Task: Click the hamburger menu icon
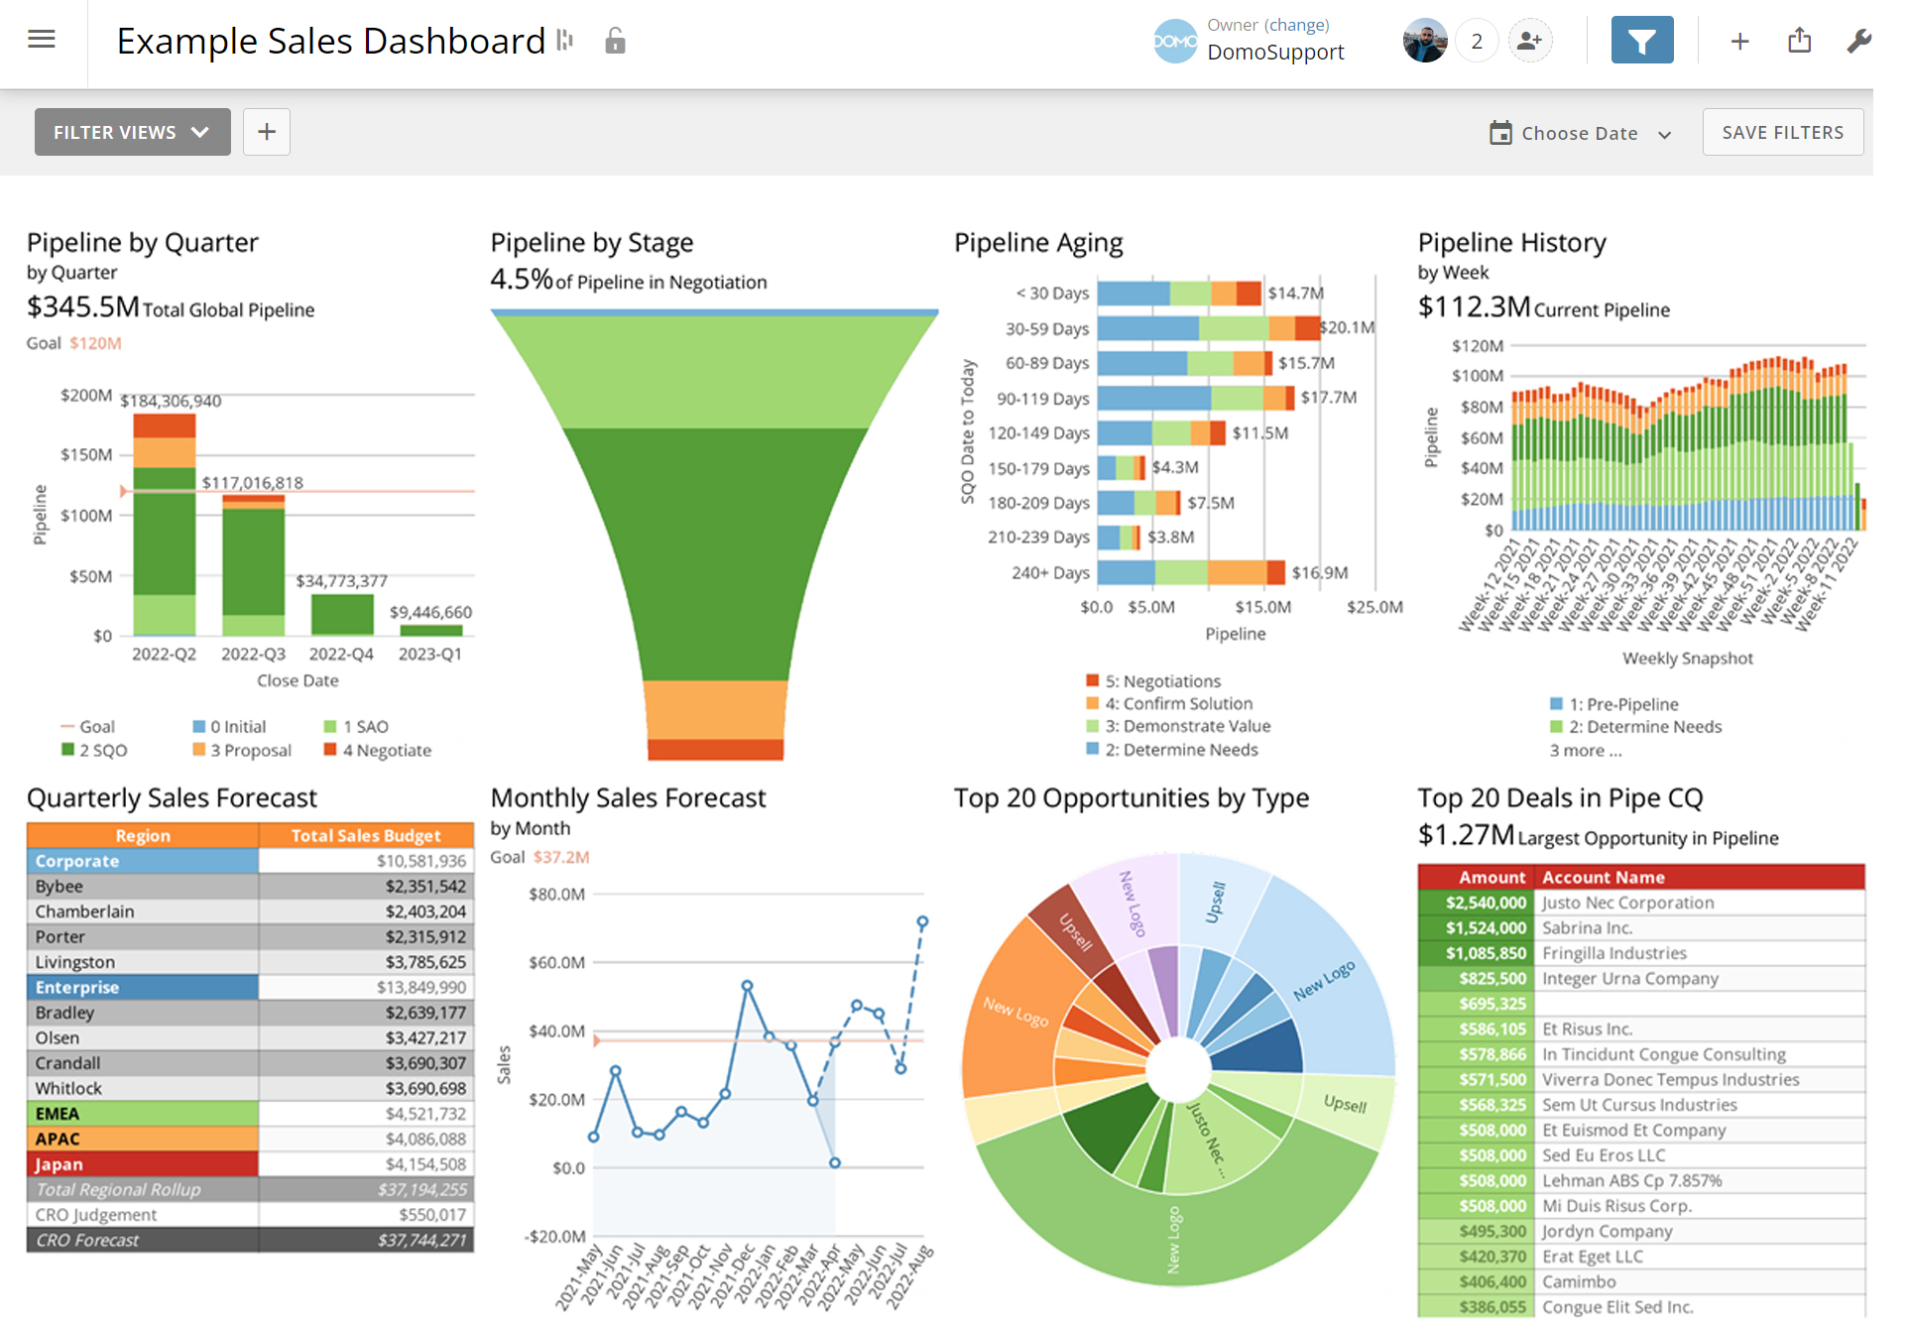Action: [x=42, y=40]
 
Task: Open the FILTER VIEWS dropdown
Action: [x=132, y=132]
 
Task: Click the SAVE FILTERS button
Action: [x=1782, y=132]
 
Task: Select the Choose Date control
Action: [x=1580, y=134]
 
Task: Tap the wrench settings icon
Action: [x=1858, y=41]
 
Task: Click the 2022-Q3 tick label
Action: [x=253, y=655]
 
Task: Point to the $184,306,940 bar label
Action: [x=171, y=401]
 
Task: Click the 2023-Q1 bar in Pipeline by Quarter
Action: [x=430, y=630]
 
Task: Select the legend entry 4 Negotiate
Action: [x=386, y=751]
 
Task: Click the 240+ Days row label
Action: [x=1050, y=573]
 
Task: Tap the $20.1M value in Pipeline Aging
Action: [x=1347, y=327]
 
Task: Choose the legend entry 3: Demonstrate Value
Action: [x=1187, y=726]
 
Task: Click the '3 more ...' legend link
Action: [x=1586, y=751]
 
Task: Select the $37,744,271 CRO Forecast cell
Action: [x=421, y=1241]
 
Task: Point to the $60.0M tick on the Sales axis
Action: [x=556, y=963]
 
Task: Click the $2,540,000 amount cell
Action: [x=1485, y=903]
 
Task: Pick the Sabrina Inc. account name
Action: [x=1587, y=928]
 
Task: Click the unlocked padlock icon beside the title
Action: [x=615, y=41]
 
